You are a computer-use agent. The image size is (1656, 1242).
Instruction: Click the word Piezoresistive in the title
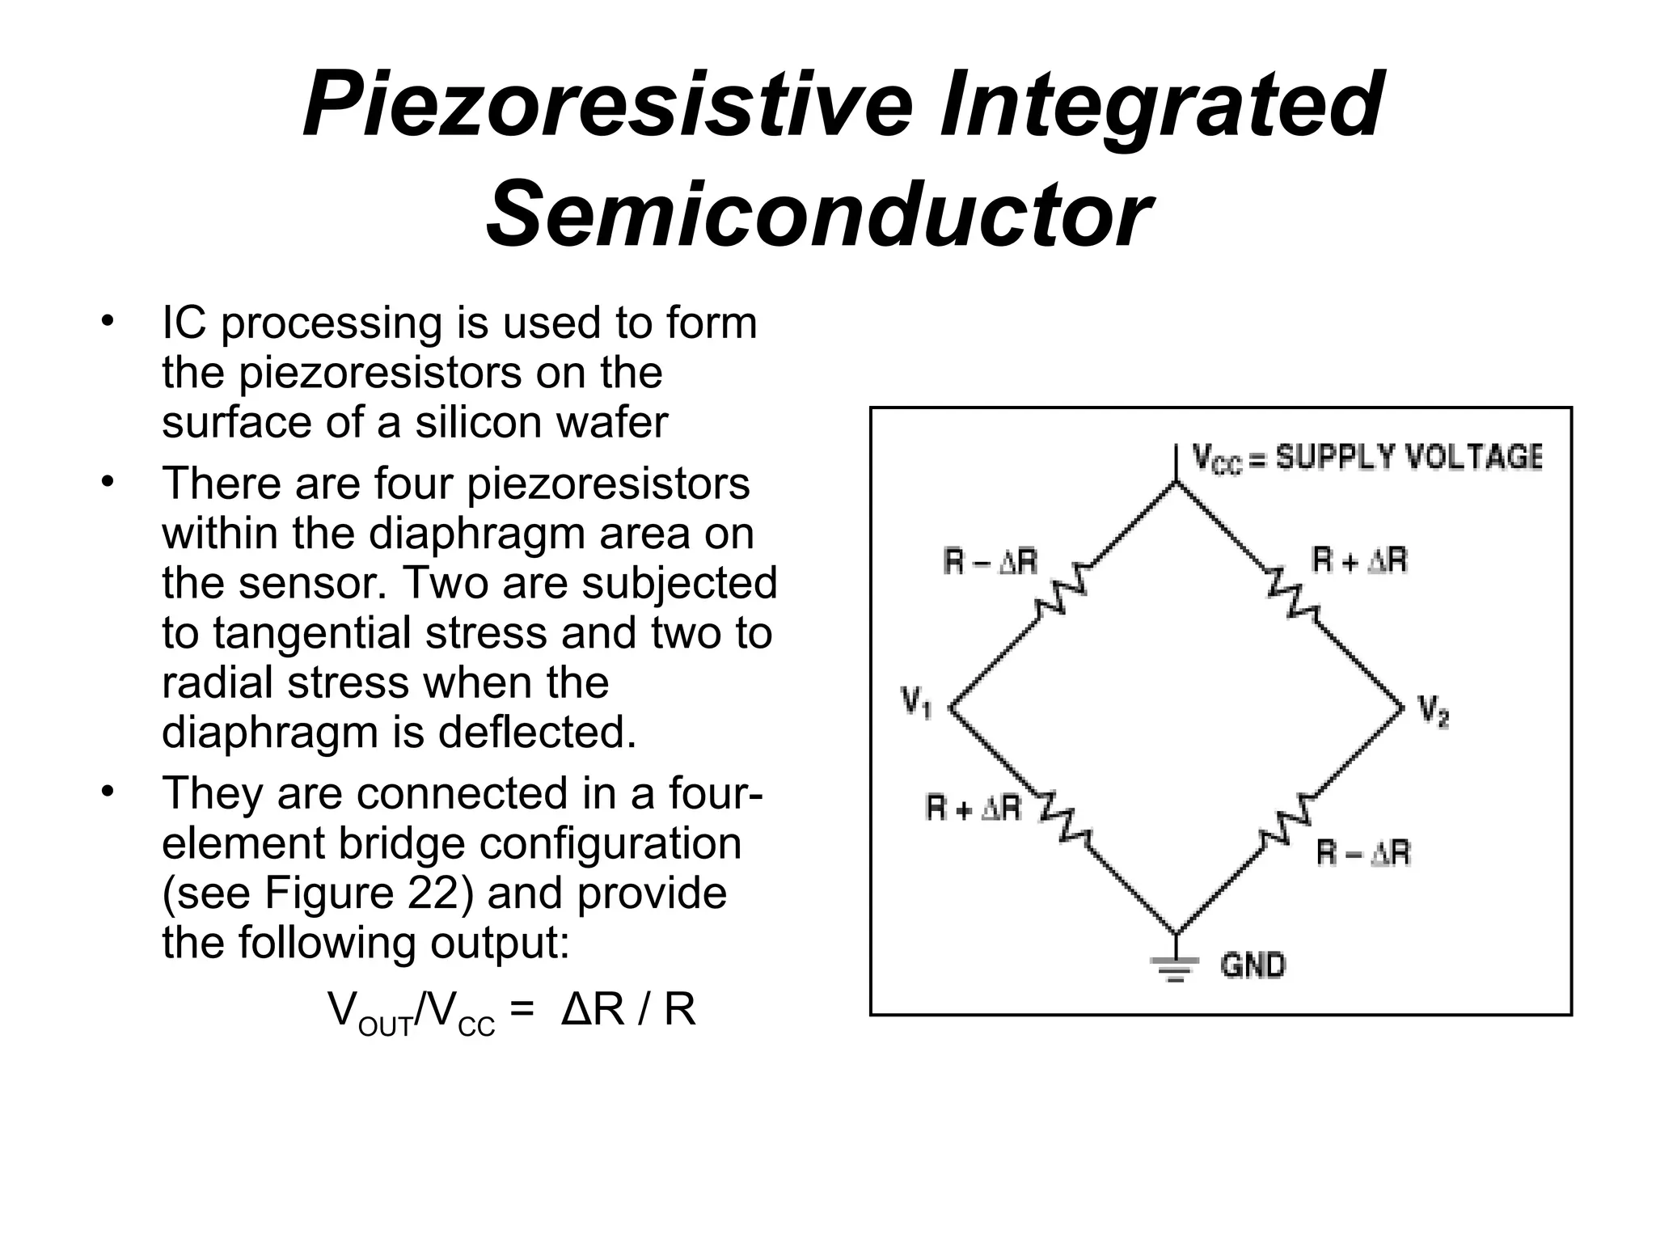pos(607,105)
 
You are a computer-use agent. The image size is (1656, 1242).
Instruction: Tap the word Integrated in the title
pos(1161,105)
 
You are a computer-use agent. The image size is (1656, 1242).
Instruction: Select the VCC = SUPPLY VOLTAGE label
pos(1367,458)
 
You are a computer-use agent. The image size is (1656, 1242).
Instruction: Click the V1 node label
pos(916,701)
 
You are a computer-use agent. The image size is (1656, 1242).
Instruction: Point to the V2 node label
pos(1433,712)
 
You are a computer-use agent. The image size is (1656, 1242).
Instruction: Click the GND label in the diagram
pos(1253,965)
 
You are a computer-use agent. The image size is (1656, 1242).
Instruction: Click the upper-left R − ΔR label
pos(990,561)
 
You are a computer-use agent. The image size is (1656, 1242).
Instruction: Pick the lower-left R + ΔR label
pos(974,808)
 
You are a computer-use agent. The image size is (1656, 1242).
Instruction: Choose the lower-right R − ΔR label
pos(1363,853)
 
